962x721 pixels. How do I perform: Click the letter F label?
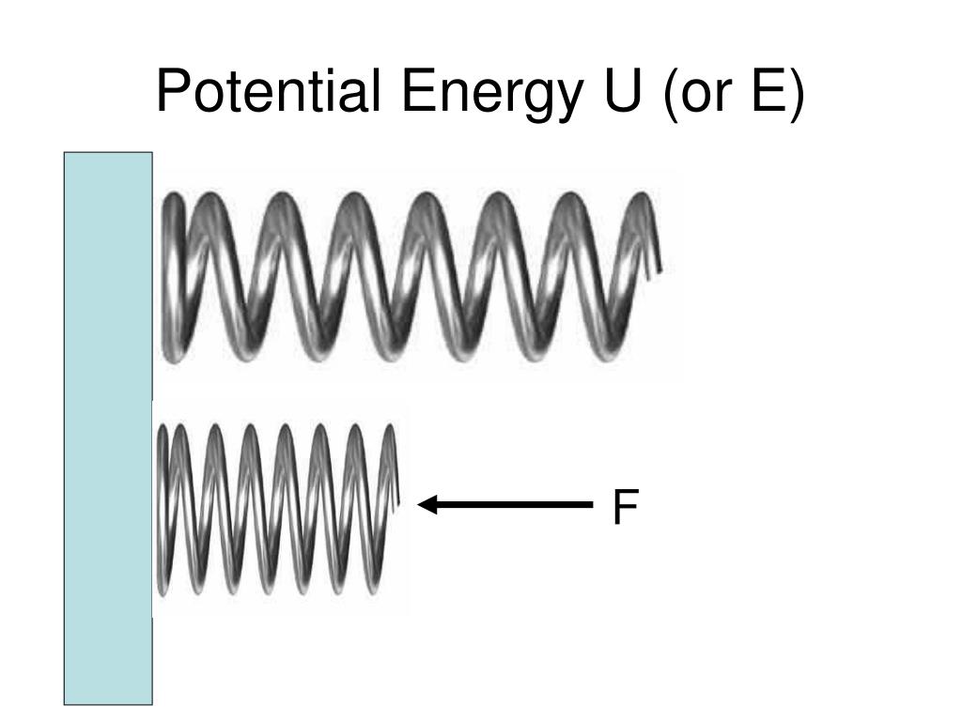pos(625,508)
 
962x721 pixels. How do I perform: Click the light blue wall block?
pos(108,427)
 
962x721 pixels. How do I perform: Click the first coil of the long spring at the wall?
pos(174,277)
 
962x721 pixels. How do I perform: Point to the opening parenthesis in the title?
pos(672,94)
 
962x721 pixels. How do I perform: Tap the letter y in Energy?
pos(560,101)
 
